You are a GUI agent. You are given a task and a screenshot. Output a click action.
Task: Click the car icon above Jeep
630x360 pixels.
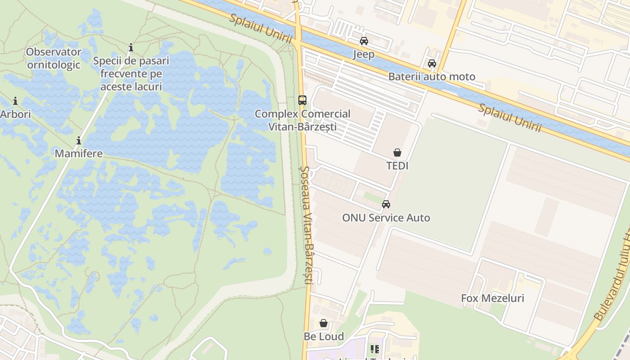tap(364, 41)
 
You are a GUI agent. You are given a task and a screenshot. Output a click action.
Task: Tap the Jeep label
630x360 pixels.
tap(364, 54)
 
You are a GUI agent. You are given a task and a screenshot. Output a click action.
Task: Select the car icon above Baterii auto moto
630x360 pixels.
tap(432, 63)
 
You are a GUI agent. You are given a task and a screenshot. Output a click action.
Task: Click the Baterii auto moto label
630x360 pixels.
tap(432, 76)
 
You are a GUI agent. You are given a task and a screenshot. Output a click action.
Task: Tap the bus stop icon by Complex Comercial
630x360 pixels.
tap(302, 100)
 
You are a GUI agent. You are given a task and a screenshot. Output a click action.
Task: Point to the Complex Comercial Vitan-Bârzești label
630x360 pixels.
tap(302, 120)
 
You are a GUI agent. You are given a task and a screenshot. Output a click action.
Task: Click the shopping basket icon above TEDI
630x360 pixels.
tap(397, 153)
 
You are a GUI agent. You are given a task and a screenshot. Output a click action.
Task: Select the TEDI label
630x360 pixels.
tap(397, 166)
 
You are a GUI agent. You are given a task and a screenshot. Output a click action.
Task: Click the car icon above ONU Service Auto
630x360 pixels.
tap(386, 204)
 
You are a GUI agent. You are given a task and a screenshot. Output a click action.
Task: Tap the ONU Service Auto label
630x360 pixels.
tap(386, 218)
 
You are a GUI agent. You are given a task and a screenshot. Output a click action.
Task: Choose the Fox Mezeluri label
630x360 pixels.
tap(492, 298)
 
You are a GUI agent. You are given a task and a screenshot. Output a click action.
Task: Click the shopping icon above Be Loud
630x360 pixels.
tap(324, 323)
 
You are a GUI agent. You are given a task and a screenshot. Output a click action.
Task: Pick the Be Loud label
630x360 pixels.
tap(324, 337)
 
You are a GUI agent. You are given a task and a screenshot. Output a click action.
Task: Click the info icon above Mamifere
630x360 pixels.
tap(79, 141)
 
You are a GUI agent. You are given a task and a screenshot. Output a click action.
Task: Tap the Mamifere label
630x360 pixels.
tap(79, 153)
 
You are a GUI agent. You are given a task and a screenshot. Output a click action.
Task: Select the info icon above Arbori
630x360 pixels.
tap(15, 101)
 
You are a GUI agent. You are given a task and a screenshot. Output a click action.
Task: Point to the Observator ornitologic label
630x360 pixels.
tap(54, 58)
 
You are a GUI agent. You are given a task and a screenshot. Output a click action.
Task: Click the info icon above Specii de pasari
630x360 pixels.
tap(131, 47)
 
